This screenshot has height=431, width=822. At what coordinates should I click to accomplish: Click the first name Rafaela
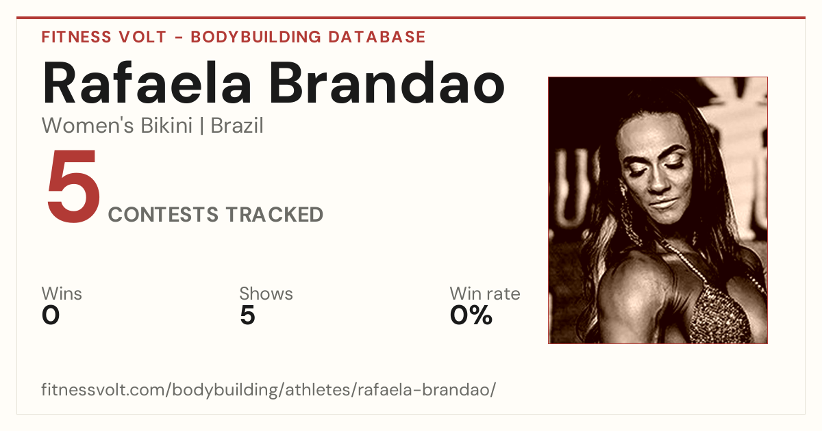pyautogui.click(x=147, y=83)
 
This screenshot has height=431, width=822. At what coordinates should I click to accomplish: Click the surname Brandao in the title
pyautogui.click(x=388, y=83)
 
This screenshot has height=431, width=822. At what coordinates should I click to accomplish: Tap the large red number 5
pyautogui.click(x=73, y=186)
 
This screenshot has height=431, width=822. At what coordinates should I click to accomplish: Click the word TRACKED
pyautogui.click(x=275, y=215)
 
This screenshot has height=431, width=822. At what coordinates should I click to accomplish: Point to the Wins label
pyautogui.click(x=62, y=293)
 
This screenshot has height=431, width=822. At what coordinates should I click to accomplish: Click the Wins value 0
pyautogui.click(x=51, y=315)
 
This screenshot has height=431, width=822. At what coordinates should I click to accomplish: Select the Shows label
pyautogui.click(x=266, y=293)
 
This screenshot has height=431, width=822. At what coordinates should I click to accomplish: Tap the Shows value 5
pyautogui.click(x=248, y=315)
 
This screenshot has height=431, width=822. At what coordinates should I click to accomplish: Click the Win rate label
pyautogui.click(x=485, y=293)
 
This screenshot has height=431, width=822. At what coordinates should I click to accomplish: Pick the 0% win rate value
pyautogui.click(x=471, y=315)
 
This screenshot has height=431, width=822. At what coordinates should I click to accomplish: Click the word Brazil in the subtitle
pyautogui.click(x=237, y=126)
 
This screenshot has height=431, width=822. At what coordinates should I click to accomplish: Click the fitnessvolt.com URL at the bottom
pyautogui.click(x=269, y=389)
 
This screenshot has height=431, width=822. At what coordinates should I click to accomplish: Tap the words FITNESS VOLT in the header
pyautogui.click(x=104, y=37)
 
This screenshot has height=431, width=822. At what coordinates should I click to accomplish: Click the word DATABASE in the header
pyautogui.click(x=377, y=37)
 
